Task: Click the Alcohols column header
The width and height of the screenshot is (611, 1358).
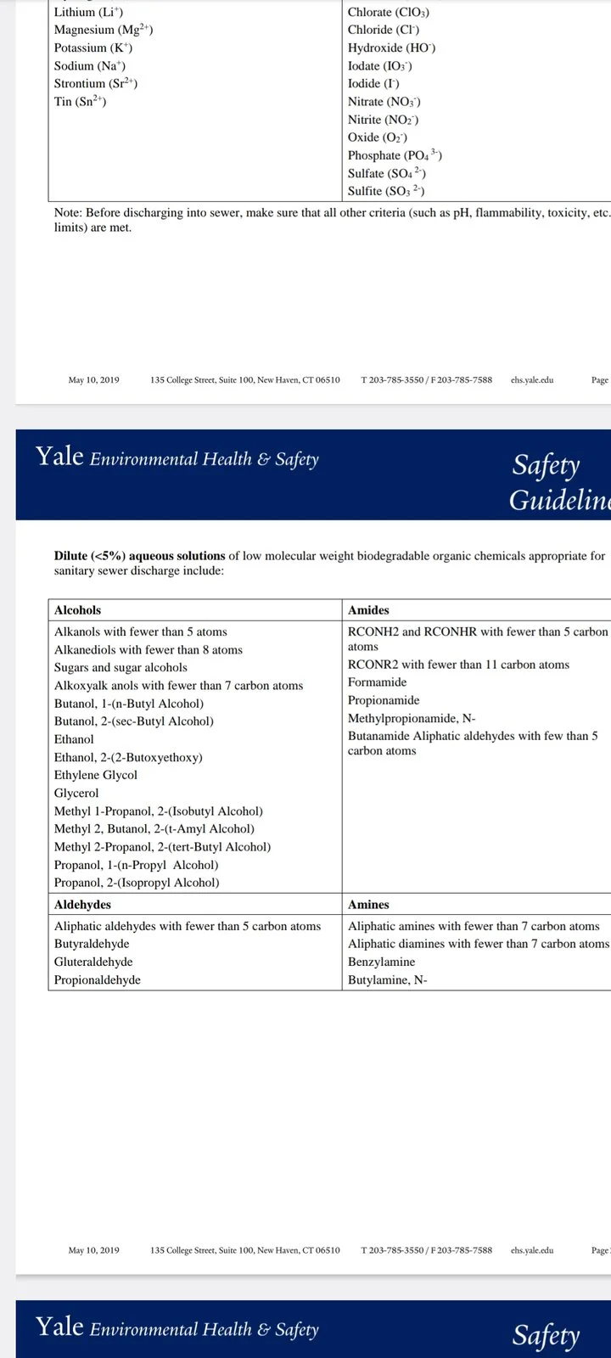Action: point(77,610)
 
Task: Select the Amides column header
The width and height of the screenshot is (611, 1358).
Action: point(368,610)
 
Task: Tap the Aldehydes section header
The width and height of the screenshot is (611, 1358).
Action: point(82,905)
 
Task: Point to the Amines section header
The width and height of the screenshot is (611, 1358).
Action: point(368,905)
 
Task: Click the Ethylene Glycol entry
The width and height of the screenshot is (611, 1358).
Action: point(95,775)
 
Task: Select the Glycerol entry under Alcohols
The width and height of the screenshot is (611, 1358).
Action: point(76,793)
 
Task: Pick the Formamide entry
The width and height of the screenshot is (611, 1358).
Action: point(377,682)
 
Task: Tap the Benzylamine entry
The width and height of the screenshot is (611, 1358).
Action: point(381,962)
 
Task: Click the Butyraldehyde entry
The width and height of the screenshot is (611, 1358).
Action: point(92,944)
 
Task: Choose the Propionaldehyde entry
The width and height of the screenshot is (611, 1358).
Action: point(98,979)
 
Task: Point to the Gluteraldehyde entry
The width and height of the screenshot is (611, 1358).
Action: point(93,962)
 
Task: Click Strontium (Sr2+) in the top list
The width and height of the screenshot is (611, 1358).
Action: point(96,84)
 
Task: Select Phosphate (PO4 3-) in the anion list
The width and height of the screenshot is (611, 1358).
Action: point(394,155)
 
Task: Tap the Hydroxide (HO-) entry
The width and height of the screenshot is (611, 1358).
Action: point(391,48)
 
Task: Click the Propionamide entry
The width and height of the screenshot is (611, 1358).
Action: point(384,700)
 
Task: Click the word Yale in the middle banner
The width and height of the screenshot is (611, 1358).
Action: point(59,457)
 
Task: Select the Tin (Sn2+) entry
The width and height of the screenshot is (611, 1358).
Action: point(80,102)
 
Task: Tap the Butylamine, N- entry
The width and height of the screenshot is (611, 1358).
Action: point(387,979)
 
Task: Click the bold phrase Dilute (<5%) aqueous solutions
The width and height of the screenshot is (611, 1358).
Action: point(139,556)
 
